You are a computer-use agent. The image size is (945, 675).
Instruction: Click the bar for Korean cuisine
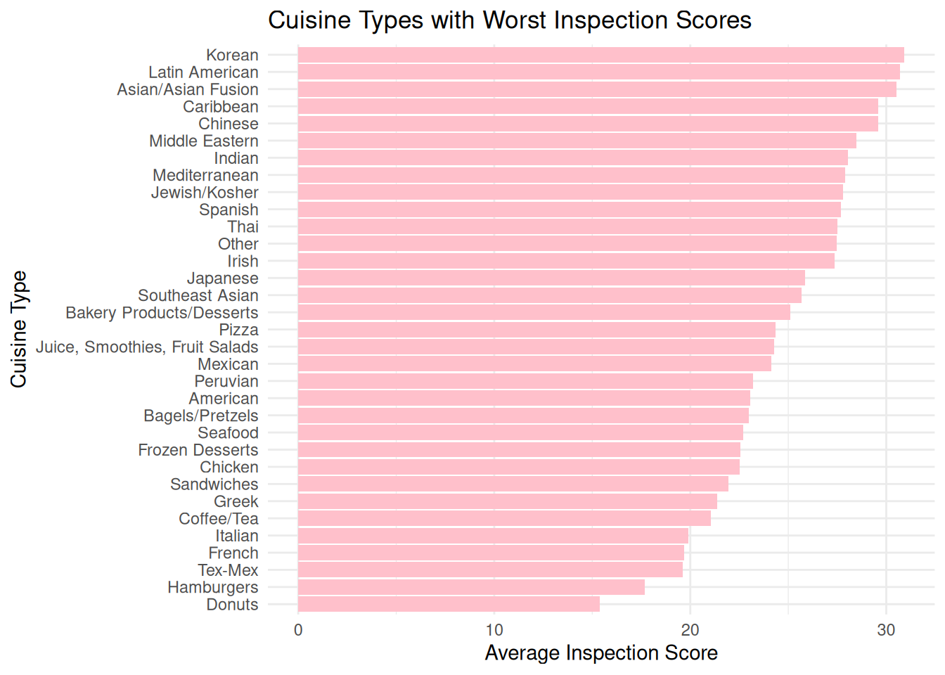[x=600, y=55]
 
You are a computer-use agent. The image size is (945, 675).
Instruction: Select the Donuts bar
[x=449, y=604]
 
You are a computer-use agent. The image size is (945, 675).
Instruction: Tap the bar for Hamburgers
[x=471, y=587]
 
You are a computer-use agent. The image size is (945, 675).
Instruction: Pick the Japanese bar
[x=551, y=278]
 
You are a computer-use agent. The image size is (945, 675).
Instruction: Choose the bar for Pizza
[x=536, y=330]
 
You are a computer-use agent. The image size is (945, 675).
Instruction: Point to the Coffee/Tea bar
[x=504, y=518]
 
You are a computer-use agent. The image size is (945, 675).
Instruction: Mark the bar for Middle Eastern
[x=577, y=141]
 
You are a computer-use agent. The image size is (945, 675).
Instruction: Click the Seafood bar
[x=520, y=432]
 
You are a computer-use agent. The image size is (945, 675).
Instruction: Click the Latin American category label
[x=203, y=72]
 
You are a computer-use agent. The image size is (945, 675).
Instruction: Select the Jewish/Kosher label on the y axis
[x=205, y=193]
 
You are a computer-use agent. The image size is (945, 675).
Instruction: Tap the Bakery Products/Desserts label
[x=162, y=313]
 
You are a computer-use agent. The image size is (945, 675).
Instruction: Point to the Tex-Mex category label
[x=228, y=570]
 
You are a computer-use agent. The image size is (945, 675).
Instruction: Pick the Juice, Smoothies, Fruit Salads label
[x=147, y=347]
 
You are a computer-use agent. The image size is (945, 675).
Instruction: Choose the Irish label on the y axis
[x=243, y=261]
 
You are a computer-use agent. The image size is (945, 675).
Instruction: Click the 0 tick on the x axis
[x=298, y=630]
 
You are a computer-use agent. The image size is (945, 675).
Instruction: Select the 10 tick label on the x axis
[x=494, y=630]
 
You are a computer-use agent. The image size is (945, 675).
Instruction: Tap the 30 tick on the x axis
[x=886, y=630]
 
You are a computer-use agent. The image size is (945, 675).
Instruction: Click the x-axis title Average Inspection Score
[x=601, y=653]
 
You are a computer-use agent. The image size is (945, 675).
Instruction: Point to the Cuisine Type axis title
[x=18, y=329]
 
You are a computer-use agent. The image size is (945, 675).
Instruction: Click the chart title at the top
[x=510, y=20]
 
